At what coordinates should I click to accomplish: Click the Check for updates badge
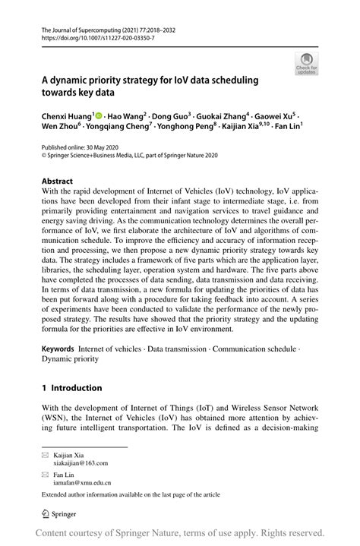(306, 62)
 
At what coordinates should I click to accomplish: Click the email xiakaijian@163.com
(81, 462)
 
